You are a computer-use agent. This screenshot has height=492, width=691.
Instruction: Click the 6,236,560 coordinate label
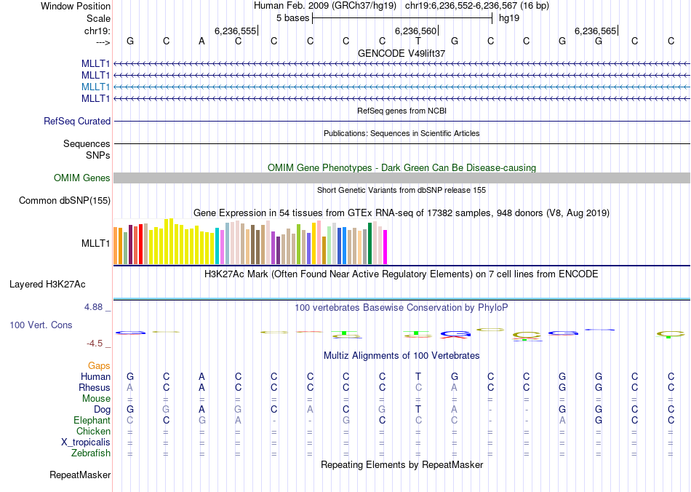coord(415,31)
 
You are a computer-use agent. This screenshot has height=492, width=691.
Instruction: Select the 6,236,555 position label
coord(235,31)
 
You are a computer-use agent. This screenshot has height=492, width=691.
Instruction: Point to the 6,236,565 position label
coord(595,31)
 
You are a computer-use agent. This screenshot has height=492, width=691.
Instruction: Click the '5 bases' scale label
coord(292,17)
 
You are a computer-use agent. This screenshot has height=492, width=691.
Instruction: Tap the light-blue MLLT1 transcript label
coord(96,87)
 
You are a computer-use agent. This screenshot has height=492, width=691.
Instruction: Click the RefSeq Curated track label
coord(77,122)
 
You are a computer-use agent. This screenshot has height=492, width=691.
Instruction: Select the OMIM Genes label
coord(82,178)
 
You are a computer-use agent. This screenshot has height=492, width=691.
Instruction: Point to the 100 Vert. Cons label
coord(41,325)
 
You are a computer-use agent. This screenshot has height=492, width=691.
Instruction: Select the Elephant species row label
coord(92,421)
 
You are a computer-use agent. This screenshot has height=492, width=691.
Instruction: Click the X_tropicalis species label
coord(86,443)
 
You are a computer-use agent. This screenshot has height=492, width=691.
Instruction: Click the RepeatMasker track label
coord(80,475)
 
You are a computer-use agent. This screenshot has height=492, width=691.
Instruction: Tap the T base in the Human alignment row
coord(418,376)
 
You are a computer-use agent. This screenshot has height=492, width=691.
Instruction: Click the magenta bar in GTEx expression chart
coord(386,247)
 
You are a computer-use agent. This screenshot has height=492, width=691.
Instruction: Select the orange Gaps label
coord(99,365)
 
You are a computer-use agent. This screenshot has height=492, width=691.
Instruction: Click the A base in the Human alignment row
coord(201,376)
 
